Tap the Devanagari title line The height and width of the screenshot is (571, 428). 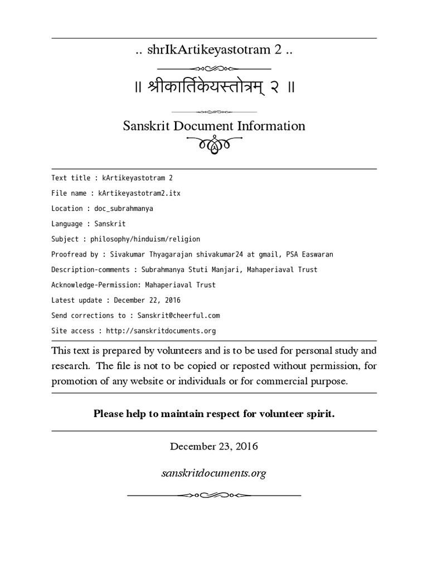213,88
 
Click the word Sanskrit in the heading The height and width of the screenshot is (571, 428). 146,126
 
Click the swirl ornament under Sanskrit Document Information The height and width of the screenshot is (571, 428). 214,147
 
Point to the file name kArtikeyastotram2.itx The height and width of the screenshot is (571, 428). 139,193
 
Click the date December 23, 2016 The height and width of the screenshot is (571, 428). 214,447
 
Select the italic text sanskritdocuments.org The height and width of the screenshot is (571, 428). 214,473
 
